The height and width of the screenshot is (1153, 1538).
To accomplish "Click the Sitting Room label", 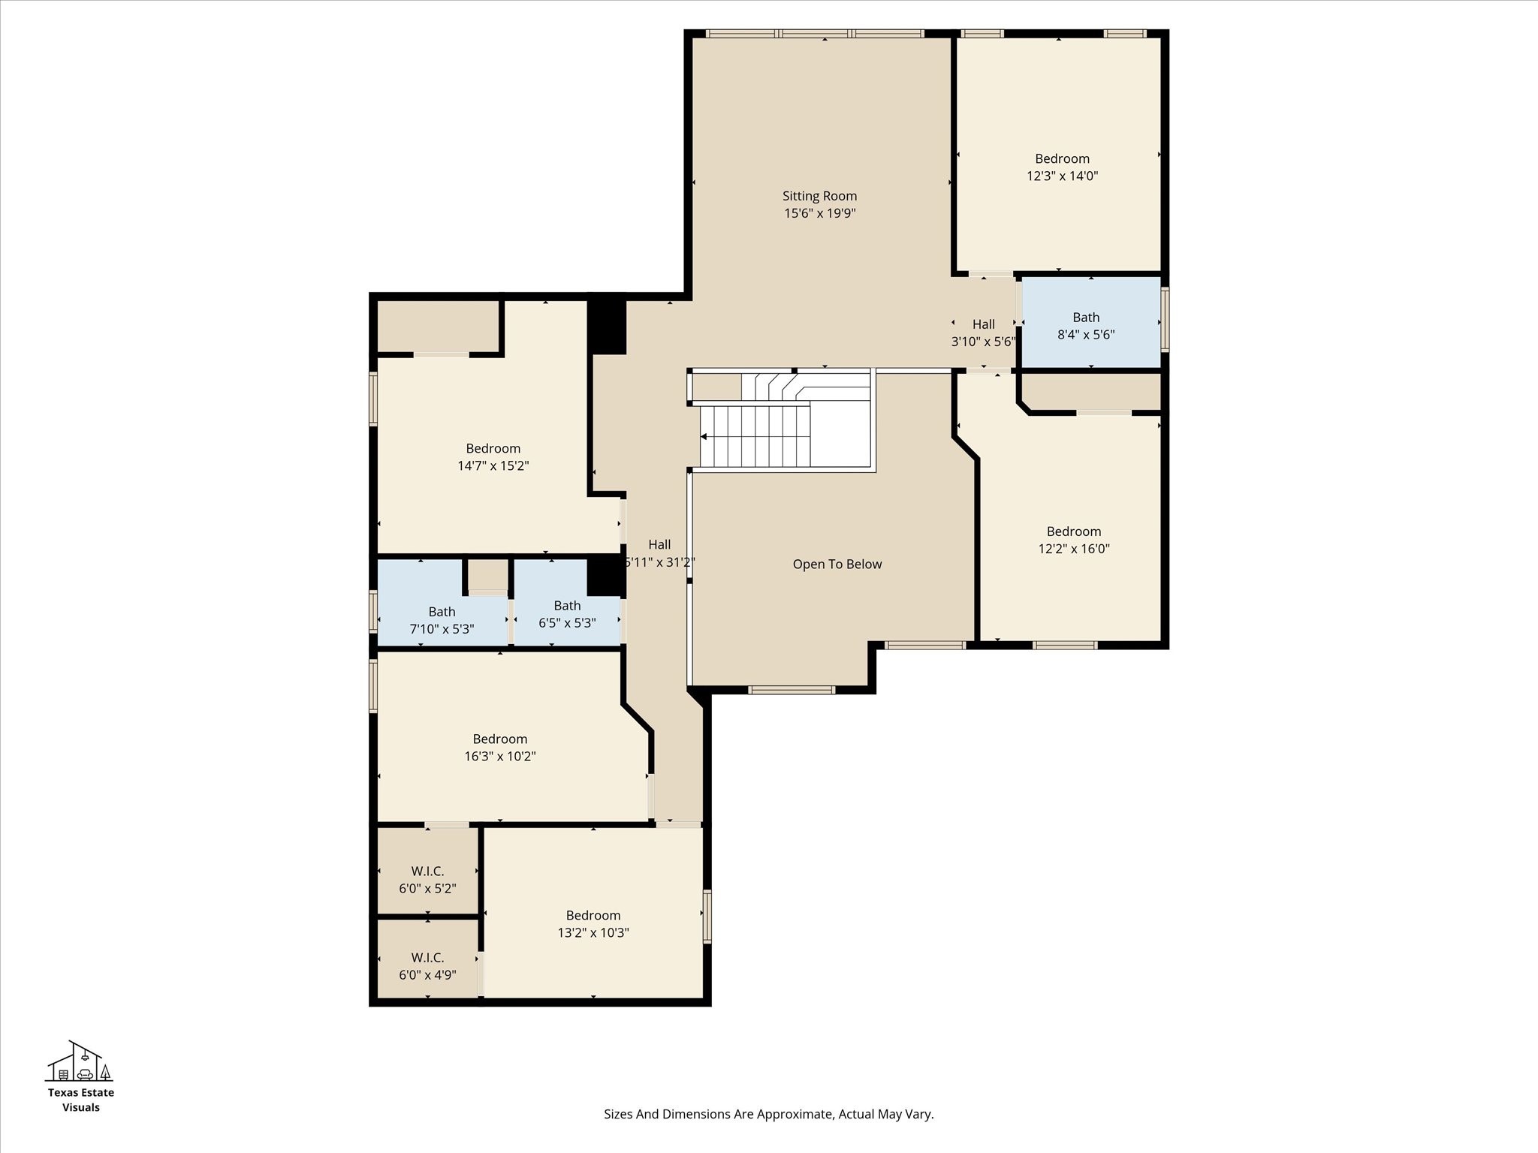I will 819,196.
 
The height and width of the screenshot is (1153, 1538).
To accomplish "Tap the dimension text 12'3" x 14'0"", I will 1062,176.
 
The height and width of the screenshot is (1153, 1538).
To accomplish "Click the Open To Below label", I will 837,564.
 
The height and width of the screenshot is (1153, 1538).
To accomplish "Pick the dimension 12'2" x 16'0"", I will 1073,549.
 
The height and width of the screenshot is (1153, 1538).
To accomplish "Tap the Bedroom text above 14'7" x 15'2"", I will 493,448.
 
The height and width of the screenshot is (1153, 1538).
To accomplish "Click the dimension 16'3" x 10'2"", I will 499,757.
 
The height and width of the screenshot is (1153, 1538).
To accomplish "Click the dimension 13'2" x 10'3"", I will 593,933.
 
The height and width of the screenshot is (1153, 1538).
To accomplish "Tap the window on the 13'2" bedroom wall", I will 707,916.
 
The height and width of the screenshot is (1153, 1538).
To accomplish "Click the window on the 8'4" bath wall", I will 1165,319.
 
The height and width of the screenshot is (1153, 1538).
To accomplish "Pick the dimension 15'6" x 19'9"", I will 819,213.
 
